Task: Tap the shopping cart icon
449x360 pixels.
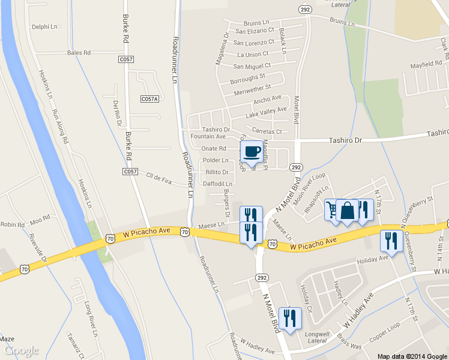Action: (x=331, y=210)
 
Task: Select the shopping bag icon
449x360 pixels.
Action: (x=348, y=211)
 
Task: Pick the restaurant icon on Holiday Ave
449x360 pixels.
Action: (x=391, y=241)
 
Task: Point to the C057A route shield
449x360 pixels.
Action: (x=149, y=98)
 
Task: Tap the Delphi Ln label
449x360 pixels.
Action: (x=44, y=27)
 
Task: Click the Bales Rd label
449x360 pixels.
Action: (x=79, y=53)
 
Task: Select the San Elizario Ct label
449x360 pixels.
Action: (x=255, y=31)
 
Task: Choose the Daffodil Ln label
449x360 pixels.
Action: (x=218, y=184)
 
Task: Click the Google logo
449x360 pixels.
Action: (x=21, y=350)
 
